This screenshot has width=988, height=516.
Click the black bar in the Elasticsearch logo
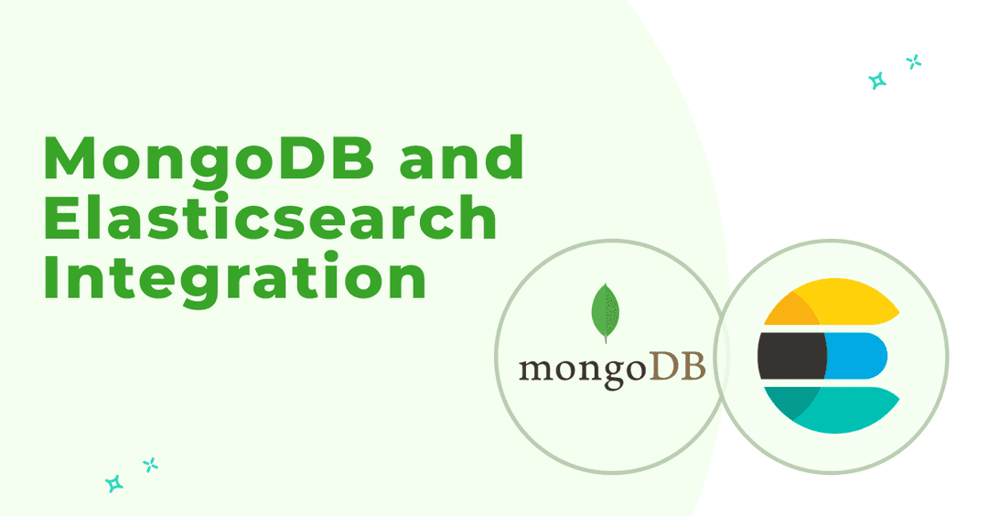[x=791, y=356]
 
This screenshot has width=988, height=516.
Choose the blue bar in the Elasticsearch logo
[x=855, y=356]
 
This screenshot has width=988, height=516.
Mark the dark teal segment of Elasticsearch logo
[x=790, y=402]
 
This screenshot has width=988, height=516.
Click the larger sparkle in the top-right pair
[x=877, y=81]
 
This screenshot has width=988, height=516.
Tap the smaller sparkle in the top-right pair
[x=914, y=61]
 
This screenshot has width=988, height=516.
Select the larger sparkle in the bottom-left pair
[x=114, y=483]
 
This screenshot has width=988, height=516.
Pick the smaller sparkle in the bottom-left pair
[x=151, y=465]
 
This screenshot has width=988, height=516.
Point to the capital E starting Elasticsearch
[x=62, y=217]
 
